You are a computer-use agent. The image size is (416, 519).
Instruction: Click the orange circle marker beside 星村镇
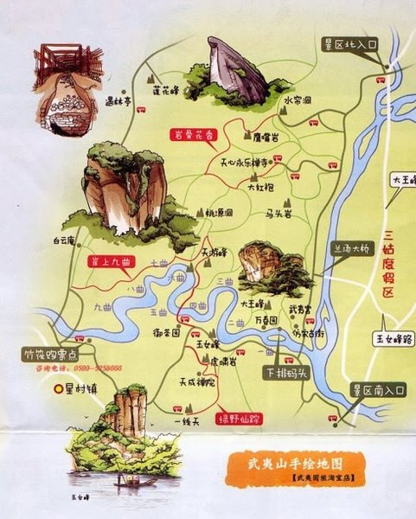point(60,389)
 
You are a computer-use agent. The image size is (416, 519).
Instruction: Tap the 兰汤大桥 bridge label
point(352,249)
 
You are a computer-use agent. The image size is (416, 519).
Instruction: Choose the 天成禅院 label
point(197,381)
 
